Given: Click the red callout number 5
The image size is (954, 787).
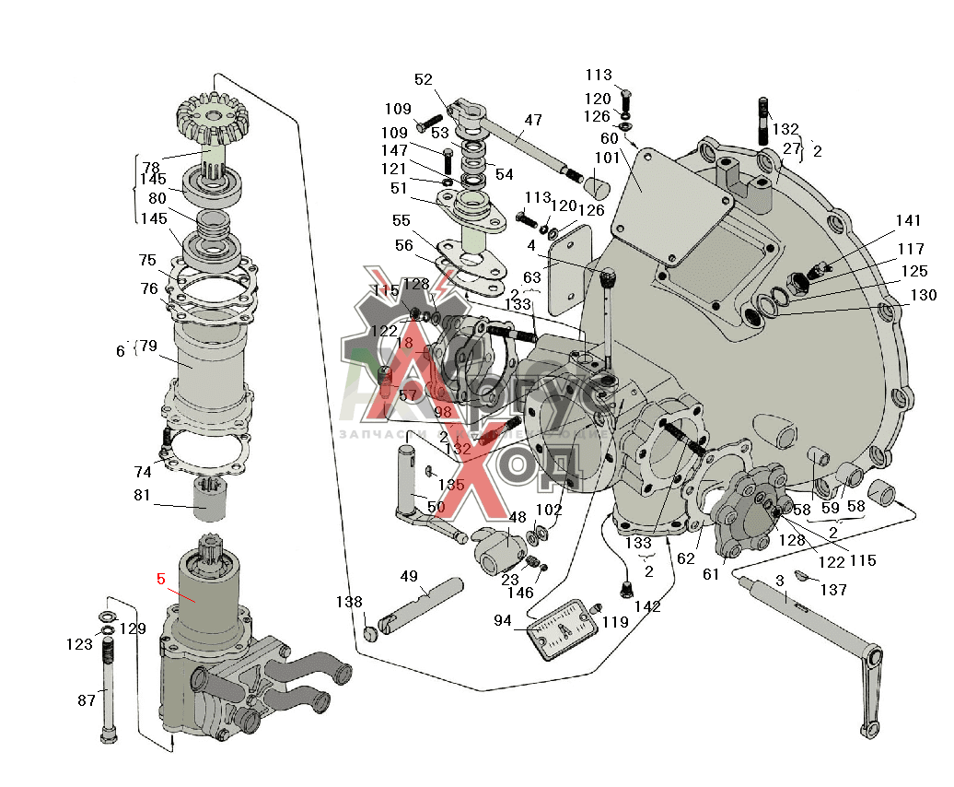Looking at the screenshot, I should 161,580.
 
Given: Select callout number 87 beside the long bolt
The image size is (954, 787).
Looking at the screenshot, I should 87,700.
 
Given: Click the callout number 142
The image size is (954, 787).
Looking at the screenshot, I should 647,606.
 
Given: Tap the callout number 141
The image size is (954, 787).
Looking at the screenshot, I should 908,220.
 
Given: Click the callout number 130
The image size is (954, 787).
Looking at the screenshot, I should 924,295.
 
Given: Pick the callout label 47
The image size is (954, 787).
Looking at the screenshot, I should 533,120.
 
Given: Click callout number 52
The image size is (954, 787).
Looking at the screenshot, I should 424,79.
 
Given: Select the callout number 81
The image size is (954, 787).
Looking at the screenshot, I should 142,494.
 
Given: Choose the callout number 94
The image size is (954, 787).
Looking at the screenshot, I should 502,620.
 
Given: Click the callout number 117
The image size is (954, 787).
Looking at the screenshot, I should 911,248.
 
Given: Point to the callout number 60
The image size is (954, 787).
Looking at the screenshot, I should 610,138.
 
